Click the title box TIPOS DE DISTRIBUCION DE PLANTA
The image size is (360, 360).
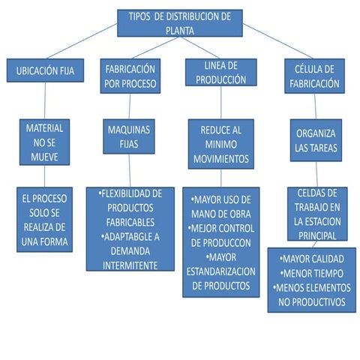pyautogui.click(x=180, y=22)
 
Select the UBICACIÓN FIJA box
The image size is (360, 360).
pyautogui.click(x=45, y=73)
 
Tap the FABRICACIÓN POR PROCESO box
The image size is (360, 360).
pyautogui.click(x=130, y=76)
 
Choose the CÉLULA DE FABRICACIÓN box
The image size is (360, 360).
pyautogui.click(x=314, y=76)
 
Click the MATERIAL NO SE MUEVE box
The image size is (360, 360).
pyautogui.click(x=44, y=140)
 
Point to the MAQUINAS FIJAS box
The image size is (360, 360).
pyautogui.click(x=130, y=136)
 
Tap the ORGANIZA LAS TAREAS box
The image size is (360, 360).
pyautogui.click(x=315, y=139)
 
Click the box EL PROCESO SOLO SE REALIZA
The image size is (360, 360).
pyautogui.click(x=45, y=219)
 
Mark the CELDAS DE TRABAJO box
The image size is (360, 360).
pyautogui.click(x=317, y=213)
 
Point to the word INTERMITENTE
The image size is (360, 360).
pyautogui.click(x=130, y=265)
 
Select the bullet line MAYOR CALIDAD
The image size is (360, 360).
pyautogui.click(x=310, y=259)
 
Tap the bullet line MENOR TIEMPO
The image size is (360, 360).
pyautogui.click(x=310, y=274)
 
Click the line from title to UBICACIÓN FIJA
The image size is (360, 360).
pyautogui.click(x=82, y=41)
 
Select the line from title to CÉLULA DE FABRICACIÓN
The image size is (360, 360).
pyautogui.click(x=277, y=42)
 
